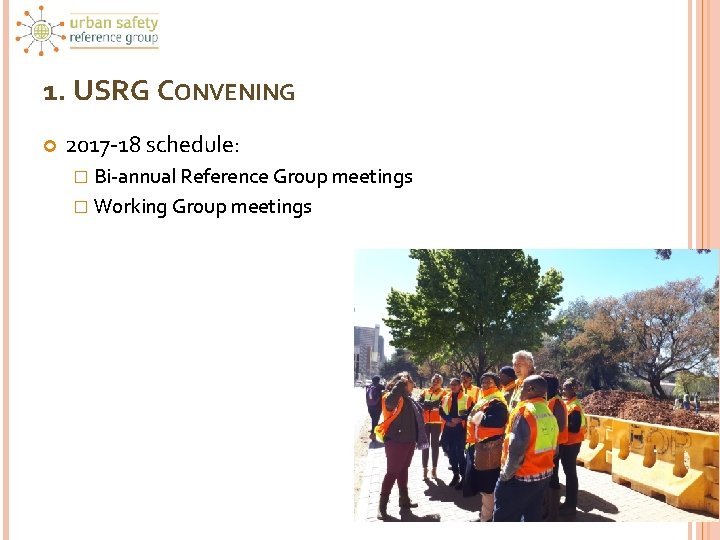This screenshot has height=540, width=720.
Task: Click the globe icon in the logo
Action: point(41,31)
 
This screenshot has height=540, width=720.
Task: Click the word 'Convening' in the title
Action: point(229,92)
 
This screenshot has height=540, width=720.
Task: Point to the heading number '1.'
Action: point(55,92)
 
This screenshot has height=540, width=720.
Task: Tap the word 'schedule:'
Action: point(193,145)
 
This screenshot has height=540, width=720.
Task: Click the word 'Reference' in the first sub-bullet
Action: point(225,177)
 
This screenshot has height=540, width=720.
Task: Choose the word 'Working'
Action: point(130,207)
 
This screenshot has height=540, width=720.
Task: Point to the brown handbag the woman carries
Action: point(488,454)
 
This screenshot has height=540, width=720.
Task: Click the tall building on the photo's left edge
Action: point(367,350)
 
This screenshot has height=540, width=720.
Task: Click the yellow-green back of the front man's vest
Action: point(544,427)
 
